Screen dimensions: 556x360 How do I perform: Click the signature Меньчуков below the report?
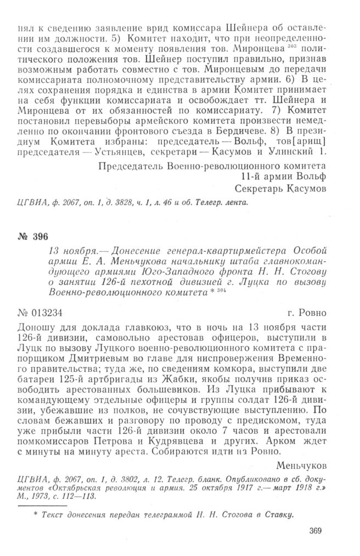[302, 466]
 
